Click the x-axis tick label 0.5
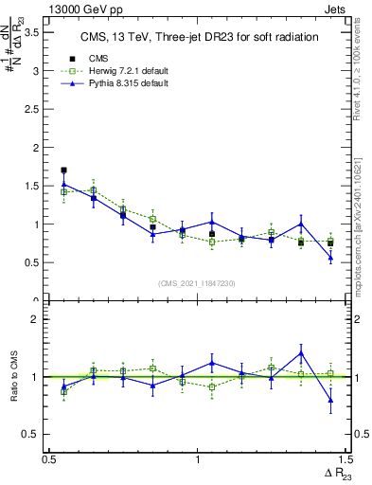49,459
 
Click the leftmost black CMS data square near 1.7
63,171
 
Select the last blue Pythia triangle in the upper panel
330,258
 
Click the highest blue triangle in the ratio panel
300,353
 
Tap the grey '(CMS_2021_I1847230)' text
196,283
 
